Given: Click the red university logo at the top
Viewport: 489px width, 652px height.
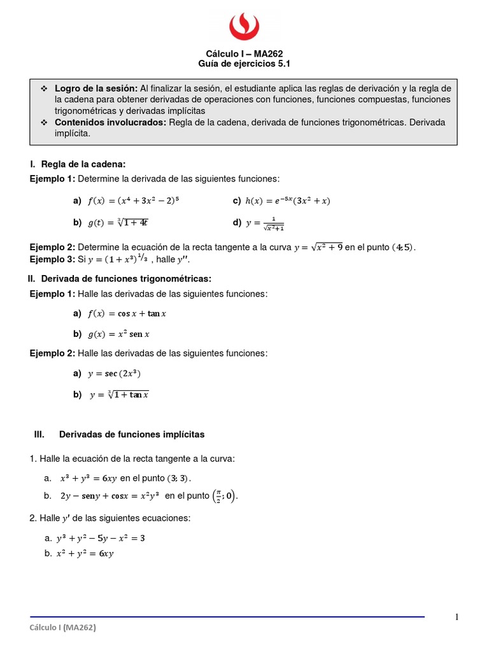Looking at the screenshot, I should coord(244,26).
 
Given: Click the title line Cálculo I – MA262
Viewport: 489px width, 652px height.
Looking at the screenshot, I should coord(244,54).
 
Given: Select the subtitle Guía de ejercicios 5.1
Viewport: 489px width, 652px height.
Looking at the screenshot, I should coord(244,64).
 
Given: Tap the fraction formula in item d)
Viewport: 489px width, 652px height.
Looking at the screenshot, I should coord(266,223).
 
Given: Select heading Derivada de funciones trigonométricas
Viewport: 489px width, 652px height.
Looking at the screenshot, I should coord(125,279).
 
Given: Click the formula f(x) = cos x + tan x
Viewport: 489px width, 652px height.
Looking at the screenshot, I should coord(127,314).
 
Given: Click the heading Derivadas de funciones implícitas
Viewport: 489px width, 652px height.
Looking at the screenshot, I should coord(131,434).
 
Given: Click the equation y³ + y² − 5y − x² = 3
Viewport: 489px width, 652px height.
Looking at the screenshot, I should coord(102,538).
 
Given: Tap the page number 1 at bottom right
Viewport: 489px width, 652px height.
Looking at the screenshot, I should coord(457,616).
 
